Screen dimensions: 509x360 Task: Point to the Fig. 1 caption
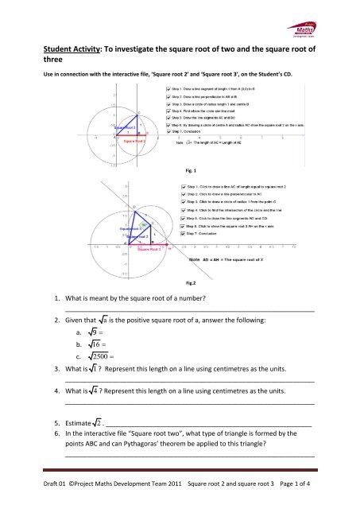pyautogui.click(x=189, y=169)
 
